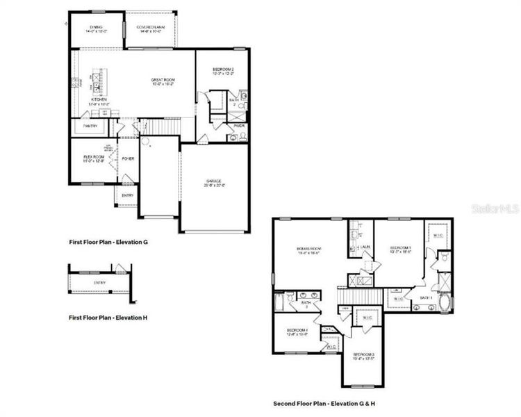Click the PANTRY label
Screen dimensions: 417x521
(x=90, y=126)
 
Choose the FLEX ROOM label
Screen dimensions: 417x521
(x=94, y=157)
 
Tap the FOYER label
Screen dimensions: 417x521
(x=128, y=158)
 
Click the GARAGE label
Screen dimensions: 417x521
(x=213, y=181)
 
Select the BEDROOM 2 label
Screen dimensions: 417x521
(x=223, y=69)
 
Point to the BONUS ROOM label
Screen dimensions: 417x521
(x=309, y=248)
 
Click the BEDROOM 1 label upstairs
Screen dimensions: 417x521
(x=400, y=247)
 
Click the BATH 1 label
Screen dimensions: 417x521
(x=426, y=298)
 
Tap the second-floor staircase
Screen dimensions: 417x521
(x=361, y=297)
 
